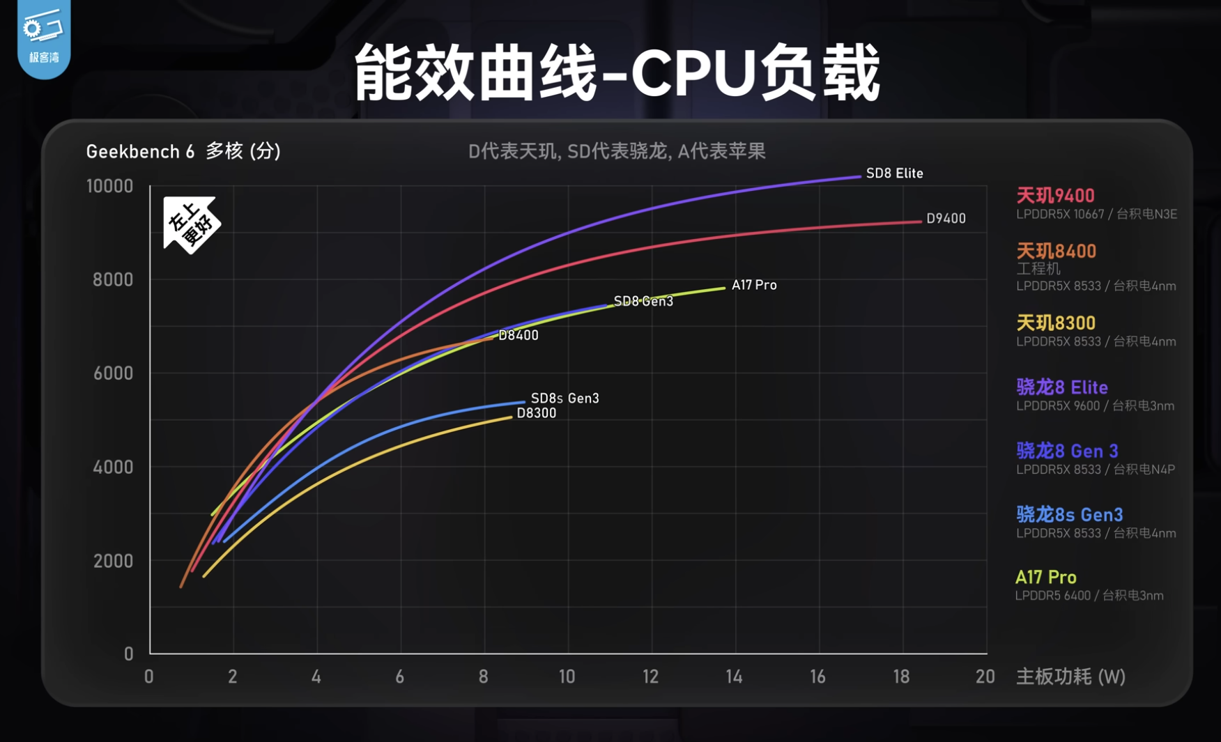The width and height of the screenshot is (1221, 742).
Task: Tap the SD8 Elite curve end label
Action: (894, 173)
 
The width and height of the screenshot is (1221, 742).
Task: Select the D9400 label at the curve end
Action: (946, 219)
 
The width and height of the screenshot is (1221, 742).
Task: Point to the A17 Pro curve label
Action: (753, 285)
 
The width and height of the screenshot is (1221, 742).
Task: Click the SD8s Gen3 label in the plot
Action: (565, 399)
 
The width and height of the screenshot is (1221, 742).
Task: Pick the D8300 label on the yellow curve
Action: (536, 413)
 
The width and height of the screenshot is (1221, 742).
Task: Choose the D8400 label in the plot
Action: (519, 335)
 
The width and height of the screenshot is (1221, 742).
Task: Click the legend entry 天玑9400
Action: (1055, 196)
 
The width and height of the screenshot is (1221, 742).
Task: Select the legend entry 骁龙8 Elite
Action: (1061, 387)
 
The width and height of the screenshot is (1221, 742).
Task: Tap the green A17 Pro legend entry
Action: (1045, 578)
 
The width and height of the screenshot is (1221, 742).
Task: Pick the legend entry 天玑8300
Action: (1056, 323)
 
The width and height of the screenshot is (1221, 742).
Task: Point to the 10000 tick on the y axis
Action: (109, 186)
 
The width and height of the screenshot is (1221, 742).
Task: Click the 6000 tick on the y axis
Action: (113, 373)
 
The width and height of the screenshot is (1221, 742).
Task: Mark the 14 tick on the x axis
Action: (734, 677)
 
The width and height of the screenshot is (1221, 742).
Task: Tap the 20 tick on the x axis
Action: (985, 677)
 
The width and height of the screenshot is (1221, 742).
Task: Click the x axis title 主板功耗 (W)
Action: (1070, 677)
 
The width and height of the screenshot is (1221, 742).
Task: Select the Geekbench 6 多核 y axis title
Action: (183, 151)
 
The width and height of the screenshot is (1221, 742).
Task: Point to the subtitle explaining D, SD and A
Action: (617, 151)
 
